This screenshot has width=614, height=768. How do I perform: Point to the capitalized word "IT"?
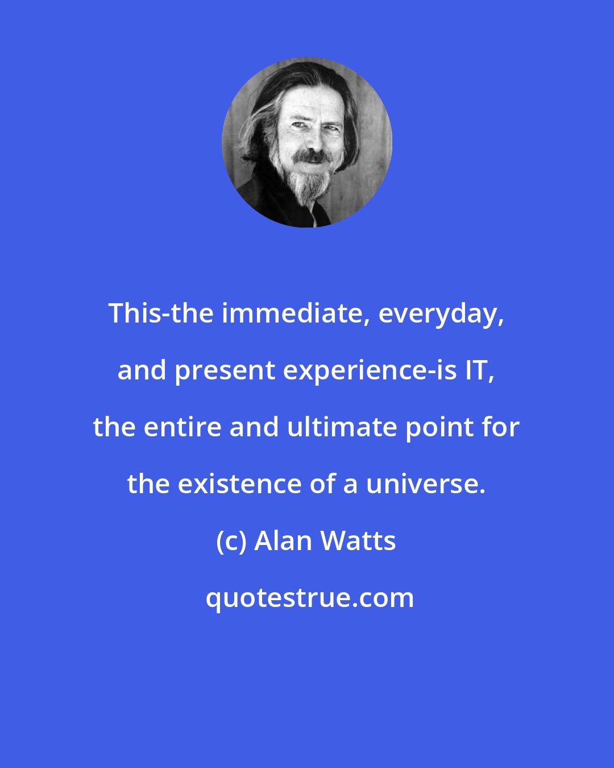point(480,370)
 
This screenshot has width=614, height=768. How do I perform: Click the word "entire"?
point(182,427)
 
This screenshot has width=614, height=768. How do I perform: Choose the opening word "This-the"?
point(161,313)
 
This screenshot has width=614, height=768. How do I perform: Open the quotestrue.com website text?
point(309,598)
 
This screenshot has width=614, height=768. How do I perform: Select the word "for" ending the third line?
point(503,427)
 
